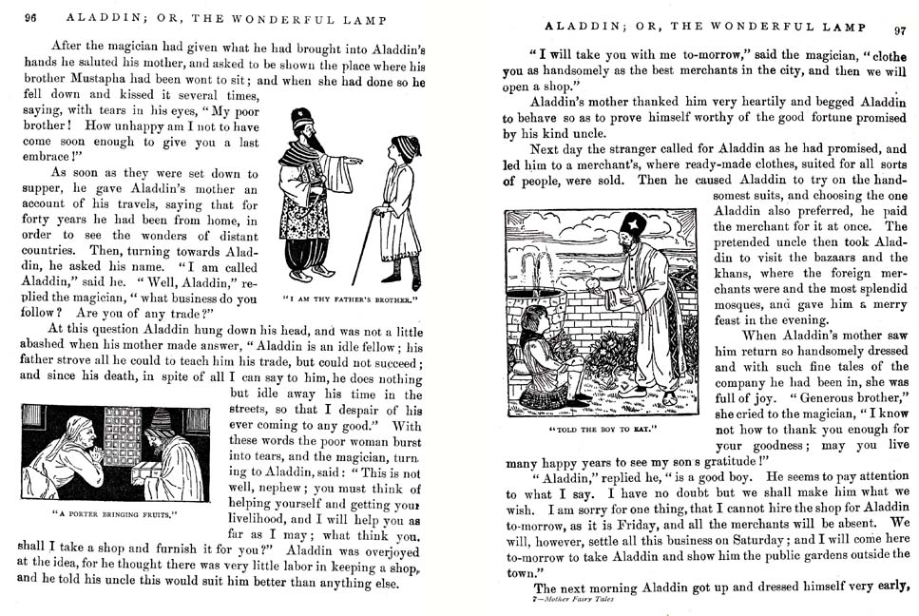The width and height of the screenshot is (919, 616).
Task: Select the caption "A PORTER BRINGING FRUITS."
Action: [x=114, y=514]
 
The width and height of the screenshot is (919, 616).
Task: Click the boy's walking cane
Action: [x=362, y=246]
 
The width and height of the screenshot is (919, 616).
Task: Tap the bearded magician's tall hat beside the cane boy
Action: [x=303, y=119]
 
